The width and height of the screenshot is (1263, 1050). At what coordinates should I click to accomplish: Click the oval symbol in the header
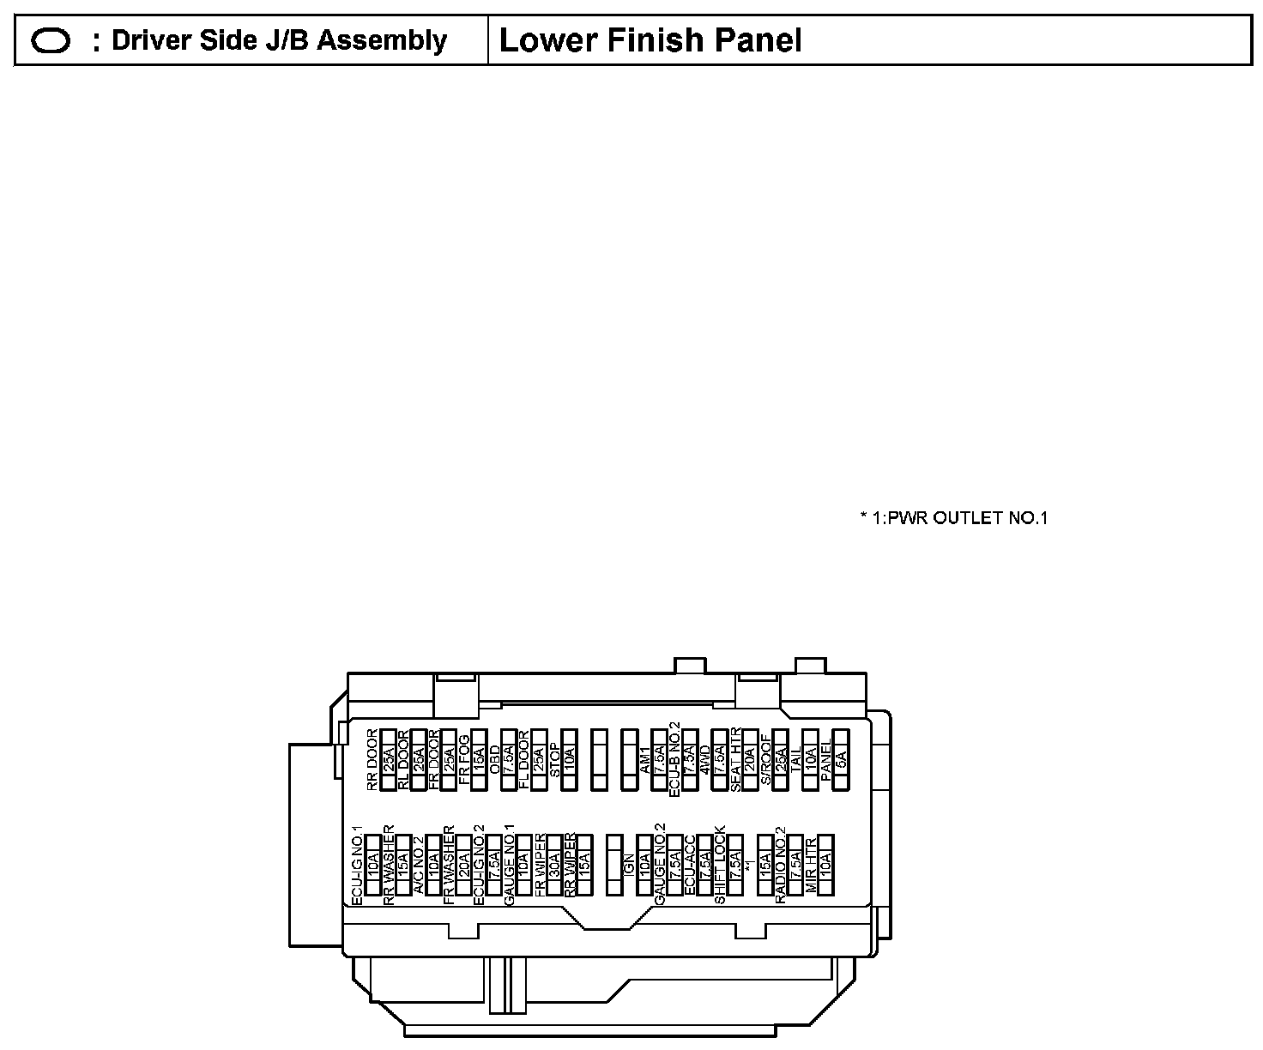(x=50, y=41)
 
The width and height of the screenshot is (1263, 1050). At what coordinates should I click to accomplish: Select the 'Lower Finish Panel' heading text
(x=650, y=40)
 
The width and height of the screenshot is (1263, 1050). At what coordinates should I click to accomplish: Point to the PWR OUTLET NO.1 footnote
(x=954, y=517)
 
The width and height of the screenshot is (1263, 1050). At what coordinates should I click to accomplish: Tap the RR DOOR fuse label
(x=372, y=760)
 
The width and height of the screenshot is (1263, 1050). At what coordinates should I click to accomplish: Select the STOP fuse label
(x=554, y=760)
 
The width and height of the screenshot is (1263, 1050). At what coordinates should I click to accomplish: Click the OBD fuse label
(x=494, y=760)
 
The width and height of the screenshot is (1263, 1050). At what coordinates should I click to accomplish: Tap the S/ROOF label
(x=765, y=760)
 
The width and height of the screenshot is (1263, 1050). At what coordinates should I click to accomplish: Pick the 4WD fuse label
(x=705, y=760)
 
